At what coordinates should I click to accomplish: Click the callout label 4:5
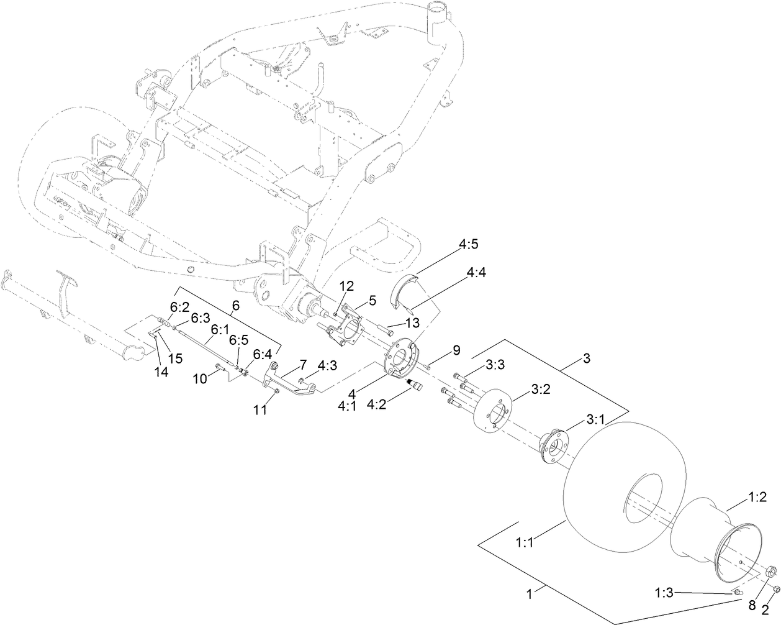coord(469,245)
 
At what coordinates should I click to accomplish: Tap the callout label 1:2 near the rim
coord(757,497)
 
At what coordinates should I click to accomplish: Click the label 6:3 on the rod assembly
coord(200,317)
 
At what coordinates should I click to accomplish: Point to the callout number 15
coord(176,358)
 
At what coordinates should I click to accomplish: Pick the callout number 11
coord(259,410)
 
